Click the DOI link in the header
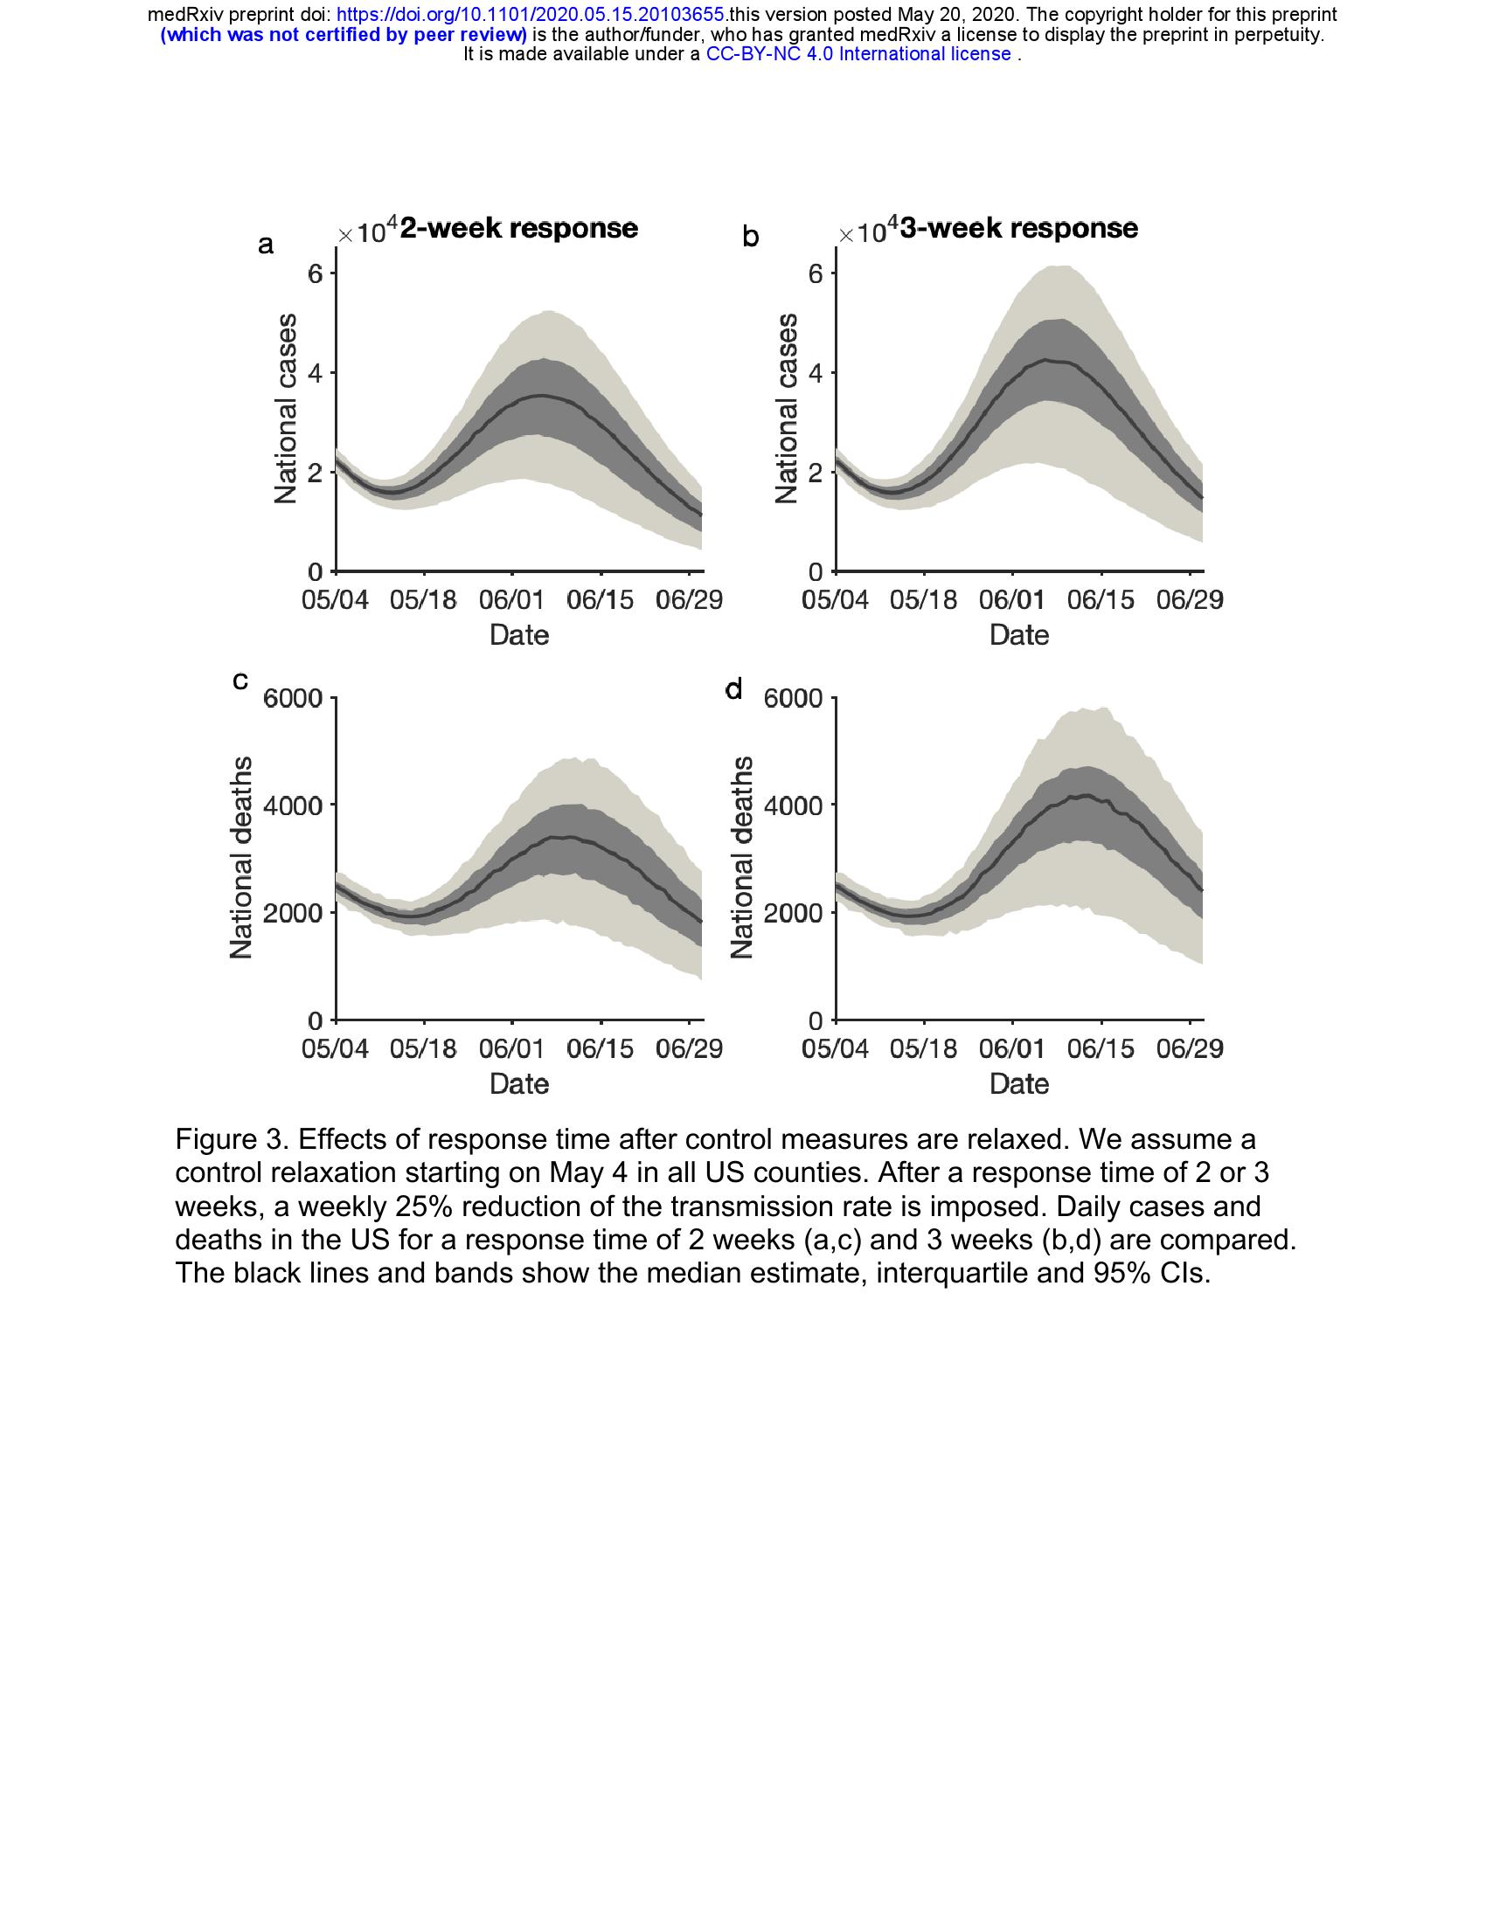[531, 15]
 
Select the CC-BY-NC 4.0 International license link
[858, 53]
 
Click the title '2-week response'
[518, 229]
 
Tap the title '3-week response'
[1018, 229]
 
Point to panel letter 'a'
[265, 245]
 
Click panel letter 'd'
[733, 689]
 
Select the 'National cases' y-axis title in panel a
[285, 408]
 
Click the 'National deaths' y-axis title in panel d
[742, 857]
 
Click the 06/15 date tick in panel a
[601, 601]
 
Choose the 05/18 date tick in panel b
[923, 601]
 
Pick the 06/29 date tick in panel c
[689, 1050]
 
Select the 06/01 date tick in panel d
[1012, 1050]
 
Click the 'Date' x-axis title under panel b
[1018, 635]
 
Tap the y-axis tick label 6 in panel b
[815, 273]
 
